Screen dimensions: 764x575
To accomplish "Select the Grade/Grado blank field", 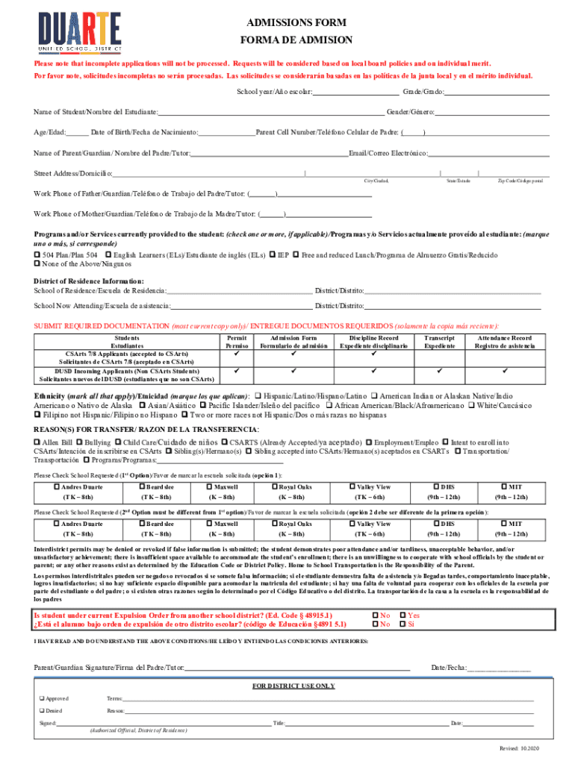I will tap(497, 92).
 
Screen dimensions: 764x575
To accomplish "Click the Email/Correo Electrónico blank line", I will tap(488, 153).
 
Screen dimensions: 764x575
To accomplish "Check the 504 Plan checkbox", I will tap(38, 255).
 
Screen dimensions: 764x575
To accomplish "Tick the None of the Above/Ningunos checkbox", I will tap(38, 264).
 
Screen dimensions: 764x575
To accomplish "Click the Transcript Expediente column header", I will tap(440, 342).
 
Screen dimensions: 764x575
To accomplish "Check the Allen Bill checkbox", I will tap(38, 442).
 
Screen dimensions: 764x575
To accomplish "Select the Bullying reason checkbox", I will tap(78, 442).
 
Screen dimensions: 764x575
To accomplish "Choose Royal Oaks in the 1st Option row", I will tap(275, 487).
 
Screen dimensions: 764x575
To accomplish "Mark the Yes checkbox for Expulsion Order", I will tap(402, 616).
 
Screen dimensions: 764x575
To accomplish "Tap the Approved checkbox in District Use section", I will tap(42, 698).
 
